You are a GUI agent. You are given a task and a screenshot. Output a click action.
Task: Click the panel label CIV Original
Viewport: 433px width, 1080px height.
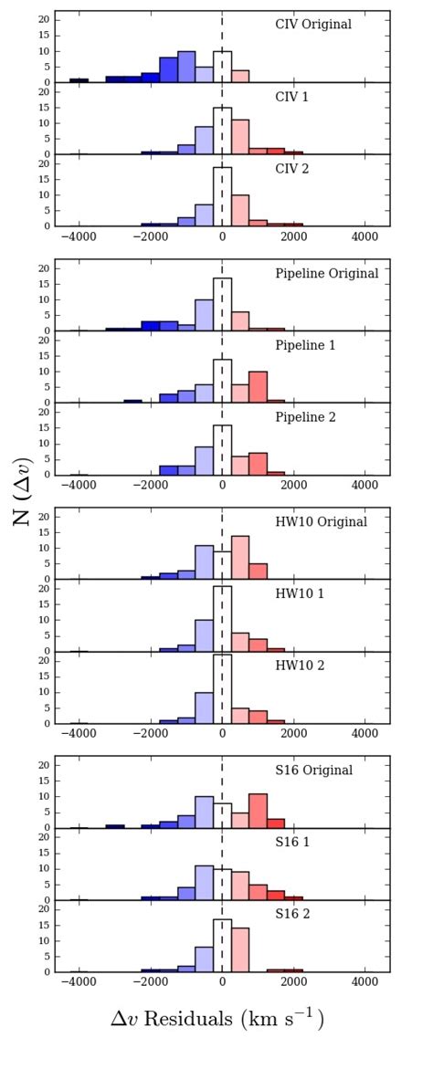point(313,25)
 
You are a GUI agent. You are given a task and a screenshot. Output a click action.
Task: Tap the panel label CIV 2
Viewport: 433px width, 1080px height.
point(293,169)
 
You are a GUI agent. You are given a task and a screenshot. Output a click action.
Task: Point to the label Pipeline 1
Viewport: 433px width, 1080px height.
point(306,345)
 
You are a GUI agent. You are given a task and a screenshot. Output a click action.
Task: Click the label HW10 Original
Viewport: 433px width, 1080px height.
point(321,521)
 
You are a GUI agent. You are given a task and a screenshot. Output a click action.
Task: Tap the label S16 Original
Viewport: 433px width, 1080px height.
point(314,770)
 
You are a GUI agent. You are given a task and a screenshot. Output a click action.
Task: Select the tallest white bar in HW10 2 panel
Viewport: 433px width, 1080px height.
point(222,689)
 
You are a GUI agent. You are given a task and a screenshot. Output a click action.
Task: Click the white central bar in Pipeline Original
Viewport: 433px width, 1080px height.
point(222,305)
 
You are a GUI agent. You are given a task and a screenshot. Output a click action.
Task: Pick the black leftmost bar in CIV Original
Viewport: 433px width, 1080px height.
point(79,80)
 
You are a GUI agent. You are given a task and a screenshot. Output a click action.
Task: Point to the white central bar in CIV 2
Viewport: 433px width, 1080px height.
point(222,196)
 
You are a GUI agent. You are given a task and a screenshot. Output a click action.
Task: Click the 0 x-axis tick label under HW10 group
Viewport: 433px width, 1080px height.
point(222,735)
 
